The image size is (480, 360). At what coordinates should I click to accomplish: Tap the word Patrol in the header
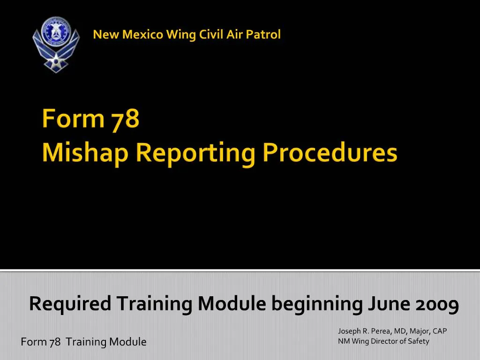pos(264,34)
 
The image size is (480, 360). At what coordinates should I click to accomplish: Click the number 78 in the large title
pos(125,119)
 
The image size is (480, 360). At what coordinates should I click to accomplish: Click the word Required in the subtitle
pos(70,304)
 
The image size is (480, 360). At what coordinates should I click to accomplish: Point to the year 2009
pos(437,304)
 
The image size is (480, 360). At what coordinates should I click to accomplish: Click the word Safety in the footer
pos(418,341)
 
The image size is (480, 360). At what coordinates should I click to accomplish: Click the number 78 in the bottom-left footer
pos(55,342)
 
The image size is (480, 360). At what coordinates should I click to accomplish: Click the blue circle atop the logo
pos(56,30)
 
